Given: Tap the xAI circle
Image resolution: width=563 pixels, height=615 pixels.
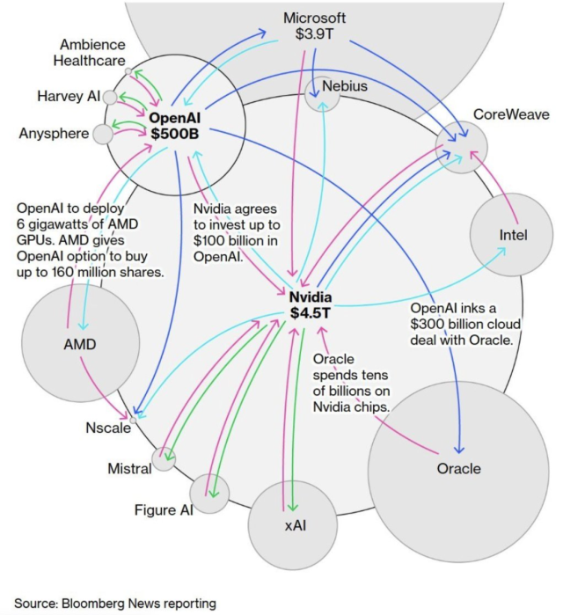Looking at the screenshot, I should coord(293,525).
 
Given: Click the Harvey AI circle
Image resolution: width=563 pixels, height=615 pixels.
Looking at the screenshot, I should coord(111,97).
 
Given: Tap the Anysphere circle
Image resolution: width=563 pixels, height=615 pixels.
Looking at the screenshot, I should coord(104,134).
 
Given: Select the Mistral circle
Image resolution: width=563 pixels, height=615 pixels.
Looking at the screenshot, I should coord(164,458).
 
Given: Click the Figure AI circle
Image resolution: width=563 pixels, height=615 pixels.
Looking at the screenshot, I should coord(210,491).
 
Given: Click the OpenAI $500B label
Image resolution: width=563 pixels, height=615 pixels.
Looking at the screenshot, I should coord(176,125).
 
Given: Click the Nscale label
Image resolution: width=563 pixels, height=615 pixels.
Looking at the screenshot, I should coord(103,427).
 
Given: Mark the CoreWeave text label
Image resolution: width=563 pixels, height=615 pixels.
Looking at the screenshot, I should coord(510,115).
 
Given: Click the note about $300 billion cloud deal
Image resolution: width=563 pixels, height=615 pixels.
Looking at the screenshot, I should coord(462,324).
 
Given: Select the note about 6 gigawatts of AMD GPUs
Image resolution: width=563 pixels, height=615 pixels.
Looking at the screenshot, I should coord(90,239).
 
